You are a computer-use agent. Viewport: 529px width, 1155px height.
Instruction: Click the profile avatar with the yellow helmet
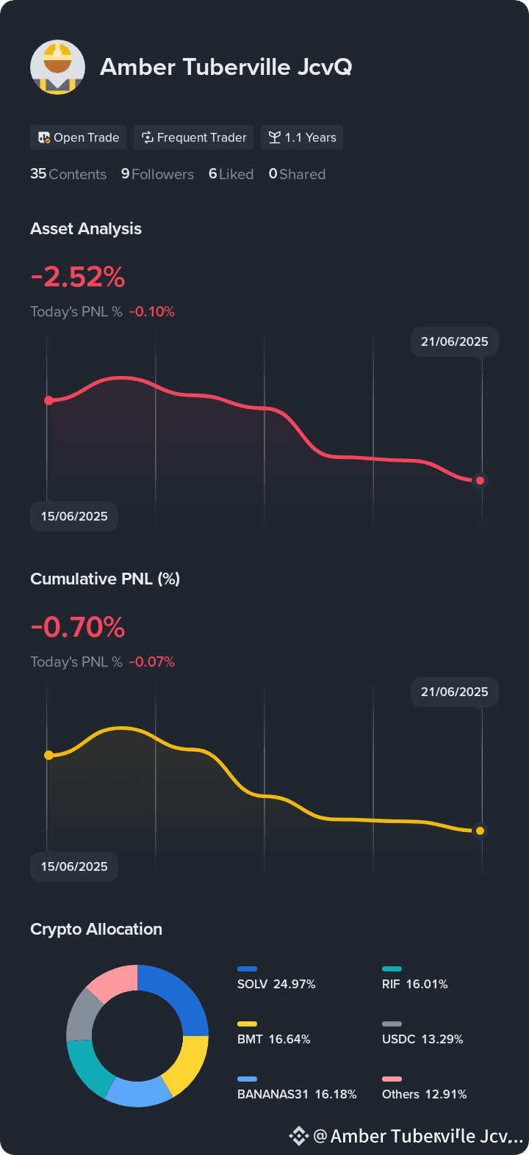click(x=57, y=67)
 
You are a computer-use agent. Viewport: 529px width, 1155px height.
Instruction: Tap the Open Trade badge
click(x=79, y=137)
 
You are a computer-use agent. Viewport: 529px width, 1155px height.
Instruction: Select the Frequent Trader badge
click(x=194, y=137)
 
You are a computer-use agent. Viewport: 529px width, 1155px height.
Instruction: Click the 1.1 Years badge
click(x=302, y=137)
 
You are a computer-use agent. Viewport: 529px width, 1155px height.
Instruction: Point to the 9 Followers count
click(x=157, y=174)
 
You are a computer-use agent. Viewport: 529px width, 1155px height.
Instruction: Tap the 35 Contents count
click(x=68, y=174)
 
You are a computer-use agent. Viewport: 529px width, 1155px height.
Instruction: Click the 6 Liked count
click(x=231, y=174)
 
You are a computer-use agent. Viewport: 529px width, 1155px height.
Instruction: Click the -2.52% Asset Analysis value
click(x=78, y=278)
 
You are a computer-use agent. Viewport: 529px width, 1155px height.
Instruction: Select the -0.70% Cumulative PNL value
click(x=78, y=628)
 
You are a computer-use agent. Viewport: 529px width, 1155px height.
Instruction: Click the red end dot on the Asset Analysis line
click(x=480, y=480)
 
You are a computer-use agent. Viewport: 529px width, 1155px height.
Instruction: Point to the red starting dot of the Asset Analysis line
click(x=48, y=400)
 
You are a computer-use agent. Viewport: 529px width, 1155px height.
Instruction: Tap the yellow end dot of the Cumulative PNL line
click(x=480, y=830)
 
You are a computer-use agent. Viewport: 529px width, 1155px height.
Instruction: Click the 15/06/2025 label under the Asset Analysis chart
click(x=74, y=516)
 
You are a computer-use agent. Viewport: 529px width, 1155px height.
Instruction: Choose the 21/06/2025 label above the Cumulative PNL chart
click(x=454, y=692)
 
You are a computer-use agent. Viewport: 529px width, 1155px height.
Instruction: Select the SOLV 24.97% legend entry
click(x=276, y=984)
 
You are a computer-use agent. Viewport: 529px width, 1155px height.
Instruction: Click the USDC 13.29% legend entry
click(x=422, y=1039)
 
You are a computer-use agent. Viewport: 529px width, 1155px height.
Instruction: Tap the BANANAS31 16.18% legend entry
click(x=297, y=1094)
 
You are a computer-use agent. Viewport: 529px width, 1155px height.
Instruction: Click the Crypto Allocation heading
click(x=96, y=929)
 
